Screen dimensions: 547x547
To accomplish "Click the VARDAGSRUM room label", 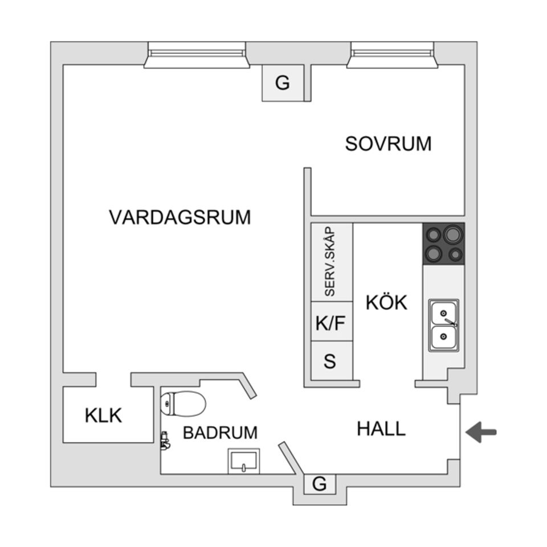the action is [x=180, y=217].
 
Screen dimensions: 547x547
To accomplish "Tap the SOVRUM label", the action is [x=388, y=144].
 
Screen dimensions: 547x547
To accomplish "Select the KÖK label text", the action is [x=386, y=302].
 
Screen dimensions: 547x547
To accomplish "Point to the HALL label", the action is [x=381, y=428].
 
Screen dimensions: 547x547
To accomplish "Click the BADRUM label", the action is [x=220, y=433].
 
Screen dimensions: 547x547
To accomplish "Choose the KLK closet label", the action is [x=103, y=415].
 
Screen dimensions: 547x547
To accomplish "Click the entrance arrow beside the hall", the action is [x=481, y=432].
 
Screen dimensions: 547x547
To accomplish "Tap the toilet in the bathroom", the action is [x=183, y=404].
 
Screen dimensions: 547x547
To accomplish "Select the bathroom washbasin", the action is [x=244, y=461].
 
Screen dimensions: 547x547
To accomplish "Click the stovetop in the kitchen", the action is [x=444, y=243].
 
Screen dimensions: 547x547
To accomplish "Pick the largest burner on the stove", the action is [x=453, y=234].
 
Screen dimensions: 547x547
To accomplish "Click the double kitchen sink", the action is [x=444, y=325].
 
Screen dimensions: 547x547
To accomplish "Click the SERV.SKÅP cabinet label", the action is [x=330, y=262].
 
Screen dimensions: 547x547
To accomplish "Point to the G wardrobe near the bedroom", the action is [x=283, y=83].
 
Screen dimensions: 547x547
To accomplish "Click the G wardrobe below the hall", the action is [x=320, y=484].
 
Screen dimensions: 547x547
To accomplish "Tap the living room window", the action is [x=197, y=55].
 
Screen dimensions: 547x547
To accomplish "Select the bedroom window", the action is [x=392, y=55].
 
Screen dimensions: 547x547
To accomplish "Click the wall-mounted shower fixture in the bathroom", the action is [x=165, y=440].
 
